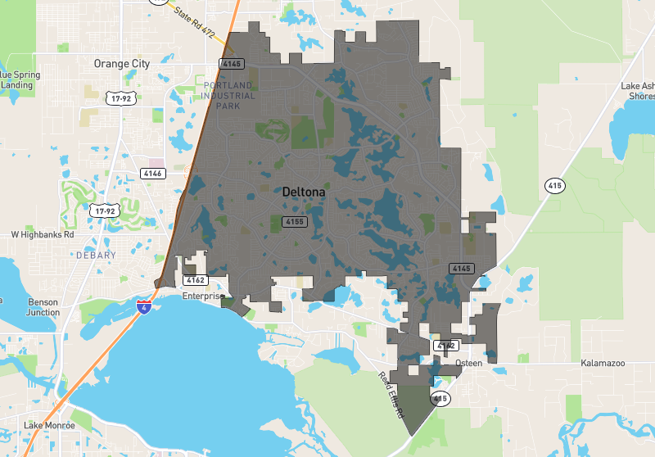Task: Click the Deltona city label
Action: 303,192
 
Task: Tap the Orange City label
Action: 123,63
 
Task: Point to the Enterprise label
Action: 203,296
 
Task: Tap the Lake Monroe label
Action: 49,425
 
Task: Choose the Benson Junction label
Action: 43,306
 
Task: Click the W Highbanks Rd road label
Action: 43,234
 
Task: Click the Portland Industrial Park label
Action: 229,95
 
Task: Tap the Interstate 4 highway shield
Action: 144,307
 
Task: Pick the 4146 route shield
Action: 153,173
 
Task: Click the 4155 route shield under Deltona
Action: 295,222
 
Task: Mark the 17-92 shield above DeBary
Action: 106,210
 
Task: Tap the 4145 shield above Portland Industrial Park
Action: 232,64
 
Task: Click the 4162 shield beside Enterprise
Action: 194,280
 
